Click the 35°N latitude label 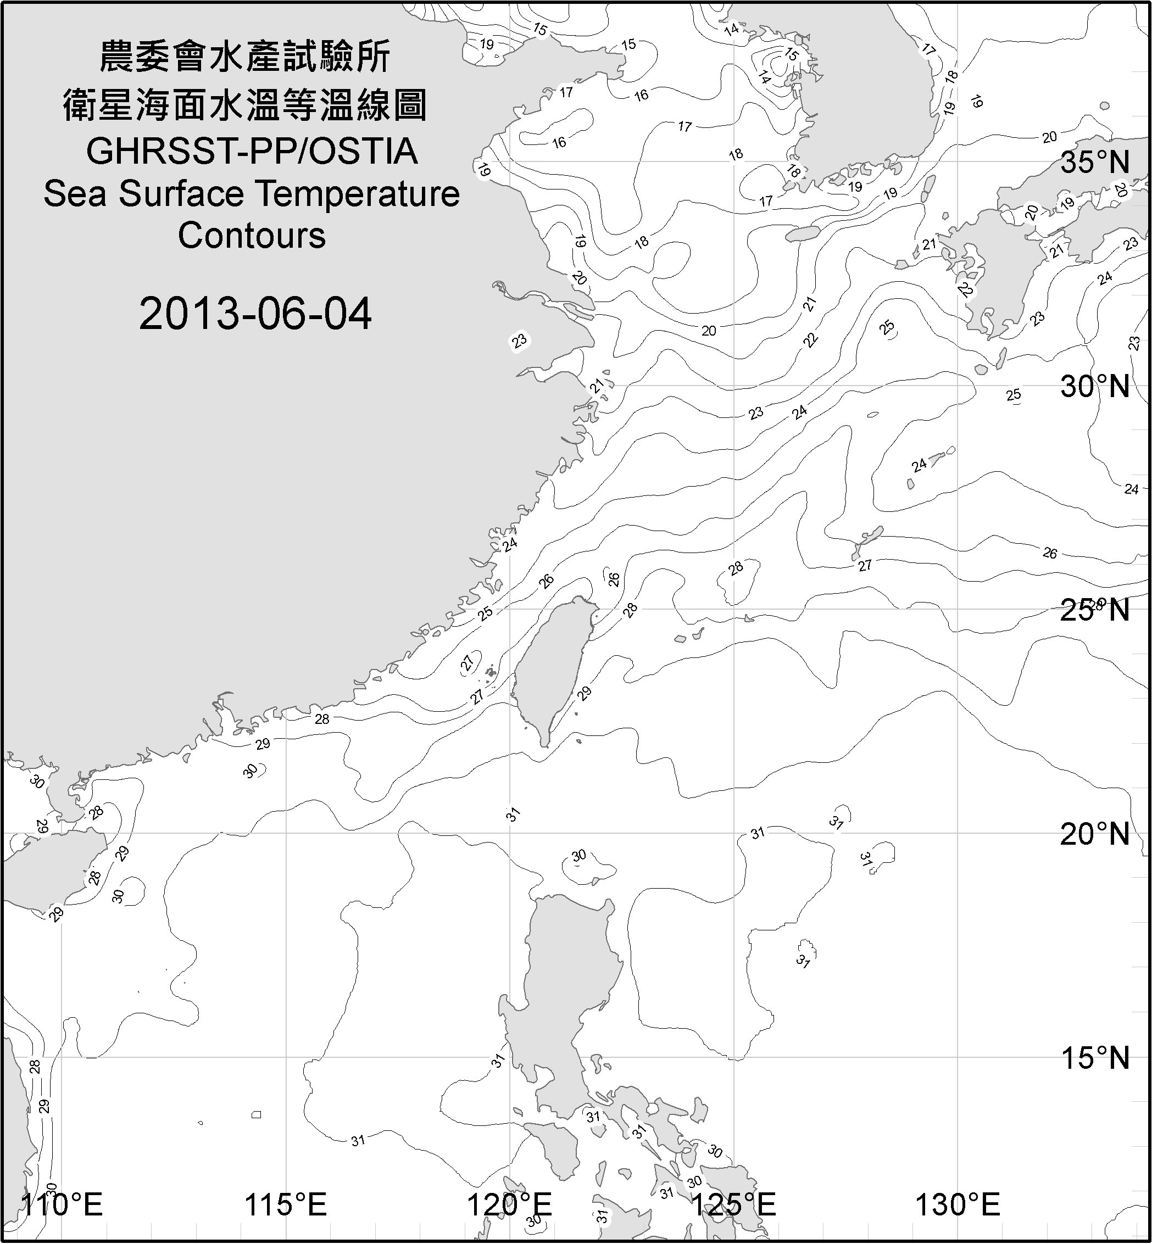pyautogui.click(x=1095, y=163)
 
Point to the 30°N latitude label pyautogui.click(x=1095, y=387)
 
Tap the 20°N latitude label pyautogui.click(x=1095, y=834)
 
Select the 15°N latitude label pyautogui.click(x=1095, y=1058)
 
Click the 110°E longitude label pyautogui.click(x=62, y=1205)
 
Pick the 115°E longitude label pyautogui.click(x=286, y=1205)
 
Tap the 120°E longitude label pyautogui.click(x=509, y=1205)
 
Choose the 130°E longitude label pyautogui.click(x=958, y=1205)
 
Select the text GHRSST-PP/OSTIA pyautogui.click(x=252, y=152)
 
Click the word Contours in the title pyautogui.click(x=252, y=236)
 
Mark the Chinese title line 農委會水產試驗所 pyautogui.click(x=245, y=57)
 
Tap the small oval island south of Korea pyautogui.click(x=801, y=235)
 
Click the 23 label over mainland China pyautogui.click(x=519, y=341)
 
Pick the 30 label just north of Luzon pyautogui.click(x=579, y=855)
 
